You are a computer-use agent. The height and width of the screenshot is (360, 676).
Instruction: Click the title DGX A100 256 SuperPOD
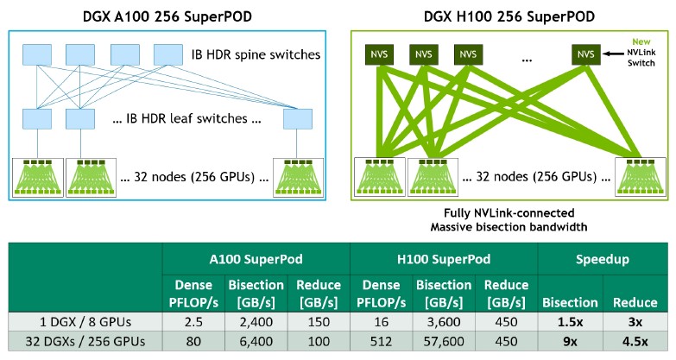tap(167, 16)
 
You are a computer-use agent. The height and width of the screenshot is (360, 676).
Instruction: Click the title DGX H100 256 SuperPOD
tap(509, 16)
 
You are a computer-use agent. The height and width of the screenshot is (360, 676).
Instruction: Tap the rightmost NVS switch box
tap(586, 54)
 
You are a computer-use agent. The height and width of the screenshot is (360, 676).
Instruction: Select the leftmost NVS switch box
tap(379, 54)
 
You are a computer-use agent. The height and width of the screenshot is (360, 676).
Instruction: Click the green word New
tap(641, 41)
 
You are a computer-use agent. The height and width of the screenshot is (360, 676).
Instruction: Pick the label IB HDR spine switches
tap(256, 54)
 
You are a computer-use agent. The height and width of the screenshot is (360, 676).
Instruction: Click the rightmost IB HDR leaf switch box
tap(298, 119)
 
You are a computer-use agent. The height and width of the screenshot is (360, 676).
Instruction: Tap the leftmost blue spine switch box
tap(37, 54)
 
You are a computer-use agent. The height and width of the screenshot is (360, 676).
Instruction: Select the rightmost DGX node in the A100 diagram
tap(299, 178)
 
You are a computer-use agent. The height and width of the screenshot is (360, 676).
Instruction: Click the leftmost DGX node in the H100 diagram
tap(380, 177)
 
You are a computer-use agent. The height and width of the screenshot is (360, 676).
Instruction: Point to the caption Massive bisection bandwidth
tap(509, 227)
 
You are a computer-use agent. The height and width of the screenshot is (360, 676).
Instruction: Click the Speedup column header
tap(603, 259)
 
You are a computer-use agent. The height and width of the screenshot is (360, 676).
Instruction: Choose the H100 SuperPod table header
tap(444, 259)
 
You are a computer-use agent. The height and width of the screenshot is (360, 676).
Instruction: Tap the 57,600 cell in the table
tap(444, 342)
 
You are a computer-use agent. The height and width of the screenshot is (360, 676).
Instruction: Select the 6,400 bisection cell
tap(256, 342)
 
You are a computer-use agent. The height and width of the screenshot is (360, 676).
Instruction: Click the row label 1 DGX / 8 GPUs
tap(85, 322)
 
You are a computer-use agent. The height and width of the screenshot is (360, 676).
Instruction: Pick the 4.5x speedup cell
tap(635, 342)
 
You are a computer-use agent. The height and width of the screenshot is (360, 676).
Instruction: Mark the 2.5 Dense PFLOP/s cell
tap(193, 322)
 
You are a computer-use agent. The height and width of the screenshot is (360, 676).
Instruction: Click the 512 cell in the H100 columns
tap(382, 342)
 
